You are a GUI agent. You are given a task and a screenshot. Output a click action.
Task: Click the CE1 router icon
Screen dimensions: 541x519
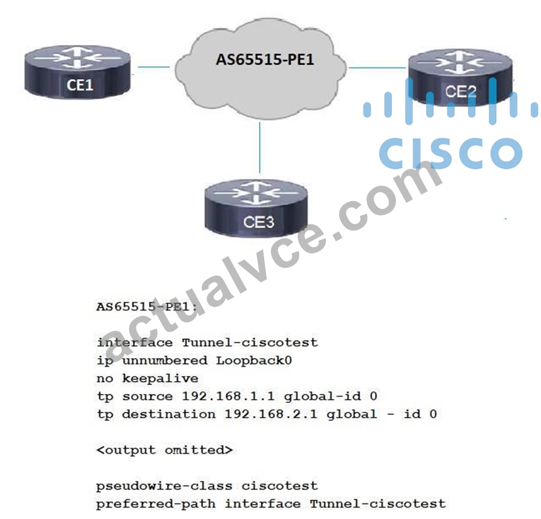point(78,71)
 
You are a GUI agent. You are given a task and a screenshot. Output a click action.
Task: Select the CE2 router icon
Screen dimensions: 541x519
point(461,77)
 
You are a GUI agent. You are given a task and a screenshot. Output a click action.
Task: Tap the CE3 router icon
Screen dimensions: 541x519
point(256,208)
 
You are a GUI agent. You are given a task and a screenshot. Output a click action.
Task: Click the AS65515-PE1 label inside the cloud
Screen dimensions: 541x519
point(265,59)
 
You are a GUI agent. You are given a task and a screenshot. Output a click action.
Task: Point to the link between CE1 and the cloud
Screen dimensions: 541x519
point(154,66)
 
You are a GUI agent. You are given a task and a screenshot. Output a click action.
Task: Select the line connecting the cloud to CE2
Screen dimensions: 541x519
point(378,68)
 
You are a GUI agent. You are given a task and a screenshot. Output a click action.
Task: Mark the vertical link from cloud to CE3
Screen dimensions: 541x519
point(259,148)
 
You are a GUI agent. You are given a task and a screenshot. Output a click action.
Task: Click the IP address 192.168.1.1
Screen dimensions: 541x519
point(228,396)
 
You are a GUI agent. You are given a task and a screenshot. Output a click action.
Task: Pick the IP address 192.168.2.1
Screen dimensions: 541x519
point(271,414)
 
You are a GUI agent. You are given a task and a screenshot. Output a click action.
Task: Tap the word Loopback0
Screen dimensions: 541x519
point(254,360)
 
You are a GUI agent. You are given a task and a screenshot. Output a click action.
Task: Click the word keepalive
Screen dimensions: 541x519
point(160,379)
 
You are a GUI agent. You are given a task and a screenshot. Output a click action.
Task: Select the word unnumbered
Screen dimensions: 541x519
point(165,360)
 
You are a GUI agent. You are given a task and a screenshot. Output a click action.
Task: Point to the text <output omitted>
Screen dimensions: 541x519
point(165,450)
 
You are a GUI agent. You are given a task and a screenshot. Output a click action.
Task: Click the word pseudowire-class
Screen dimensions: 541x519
point(164,486)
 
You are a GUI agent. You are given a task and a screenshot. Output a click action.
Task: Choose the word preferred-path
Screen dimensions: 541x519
point(156,504)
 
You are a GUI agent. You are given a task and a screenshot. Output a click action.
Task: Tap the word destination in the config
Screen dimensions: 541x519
point(169,414)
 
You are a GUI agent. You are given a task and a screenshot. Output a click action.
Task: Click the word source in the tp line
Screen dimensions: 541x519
point(147,397)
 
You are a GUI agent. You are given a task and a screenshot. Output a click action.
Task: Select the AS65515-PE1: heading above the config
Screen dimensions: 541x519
point(147,306)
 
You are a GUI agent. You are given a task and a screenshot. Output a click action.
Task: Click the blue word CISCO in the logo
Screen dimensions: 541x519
point(451,153)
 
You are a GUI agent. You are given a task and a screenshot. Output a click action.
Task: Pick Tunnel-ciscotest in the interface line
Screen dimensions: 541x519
point(250,342)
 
